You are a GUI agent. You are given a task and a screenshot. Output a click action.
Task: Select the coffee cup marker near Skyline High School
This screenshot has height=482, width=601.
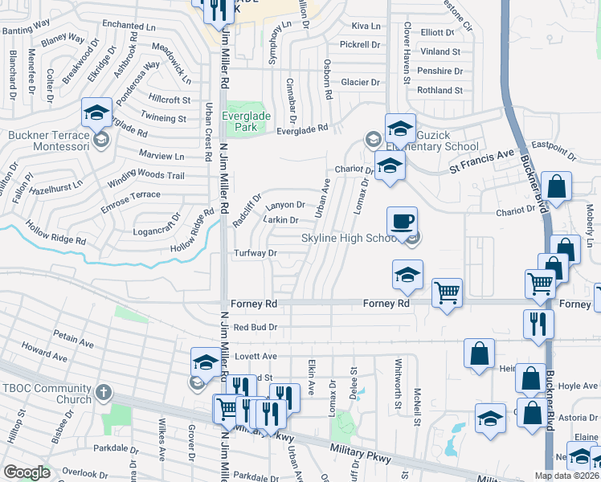tap(402, 221)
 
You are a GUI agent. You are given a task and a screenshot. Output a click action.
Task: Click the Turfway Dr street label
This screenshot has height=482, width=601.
tap(255, 253)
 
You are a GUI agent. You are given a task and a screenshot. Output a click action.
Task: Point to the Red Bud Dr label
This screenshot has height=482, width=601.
tap(255, 328)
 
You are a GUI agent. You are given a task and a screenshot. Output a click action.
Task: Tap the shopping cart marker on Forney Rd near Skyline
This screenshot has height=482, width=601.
tap(447, 293)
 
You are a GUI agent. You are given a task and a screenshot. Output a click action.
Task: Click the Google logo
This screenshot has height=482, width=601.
tap(27, 472)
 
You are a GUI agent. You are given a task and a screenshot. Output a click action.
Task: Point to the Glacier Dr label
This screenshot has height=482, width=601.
tap(360, 82)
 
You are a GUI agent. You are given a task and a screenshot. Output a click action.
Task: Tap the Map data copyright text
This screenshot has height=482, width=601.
tap(566, 476)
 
